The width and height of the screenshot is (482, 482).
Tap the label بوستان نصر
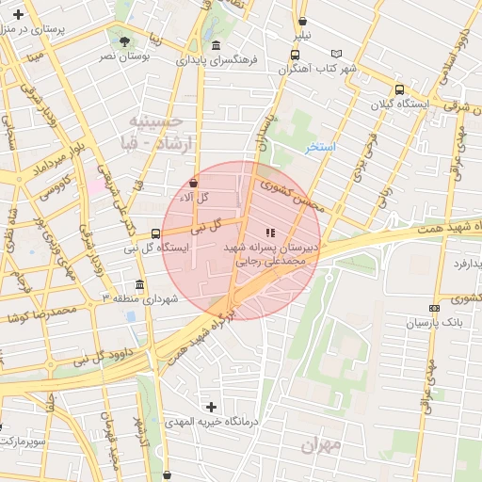point(123,57)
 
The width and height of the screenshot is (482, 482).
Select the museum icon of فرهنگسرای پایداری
point(217,45)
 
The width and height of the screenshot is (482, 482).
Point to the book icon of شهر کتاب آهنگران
point(337,54)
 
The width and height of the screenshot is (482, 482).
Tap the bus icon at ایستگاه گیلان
point(400,90)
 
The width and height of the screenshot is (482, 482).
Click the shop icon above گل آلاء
point(194,183)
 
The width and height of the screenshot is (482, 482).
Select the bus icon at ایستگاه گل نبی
point(155,233)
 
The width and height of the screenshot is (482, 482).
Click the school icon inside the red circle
point(269,231)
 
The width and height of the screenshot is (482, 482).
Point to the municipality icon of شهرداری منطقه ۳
point(140,284)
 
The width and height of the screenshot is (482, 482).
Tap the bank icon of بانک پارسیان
point(434,308)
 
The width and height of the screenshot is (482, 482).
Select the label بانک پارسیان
point(431,322)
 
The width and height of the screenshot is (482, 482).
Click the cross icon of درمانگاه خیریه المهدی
point(211,407)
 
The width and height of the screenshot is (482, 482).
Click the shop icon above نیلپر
point(302,21)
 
